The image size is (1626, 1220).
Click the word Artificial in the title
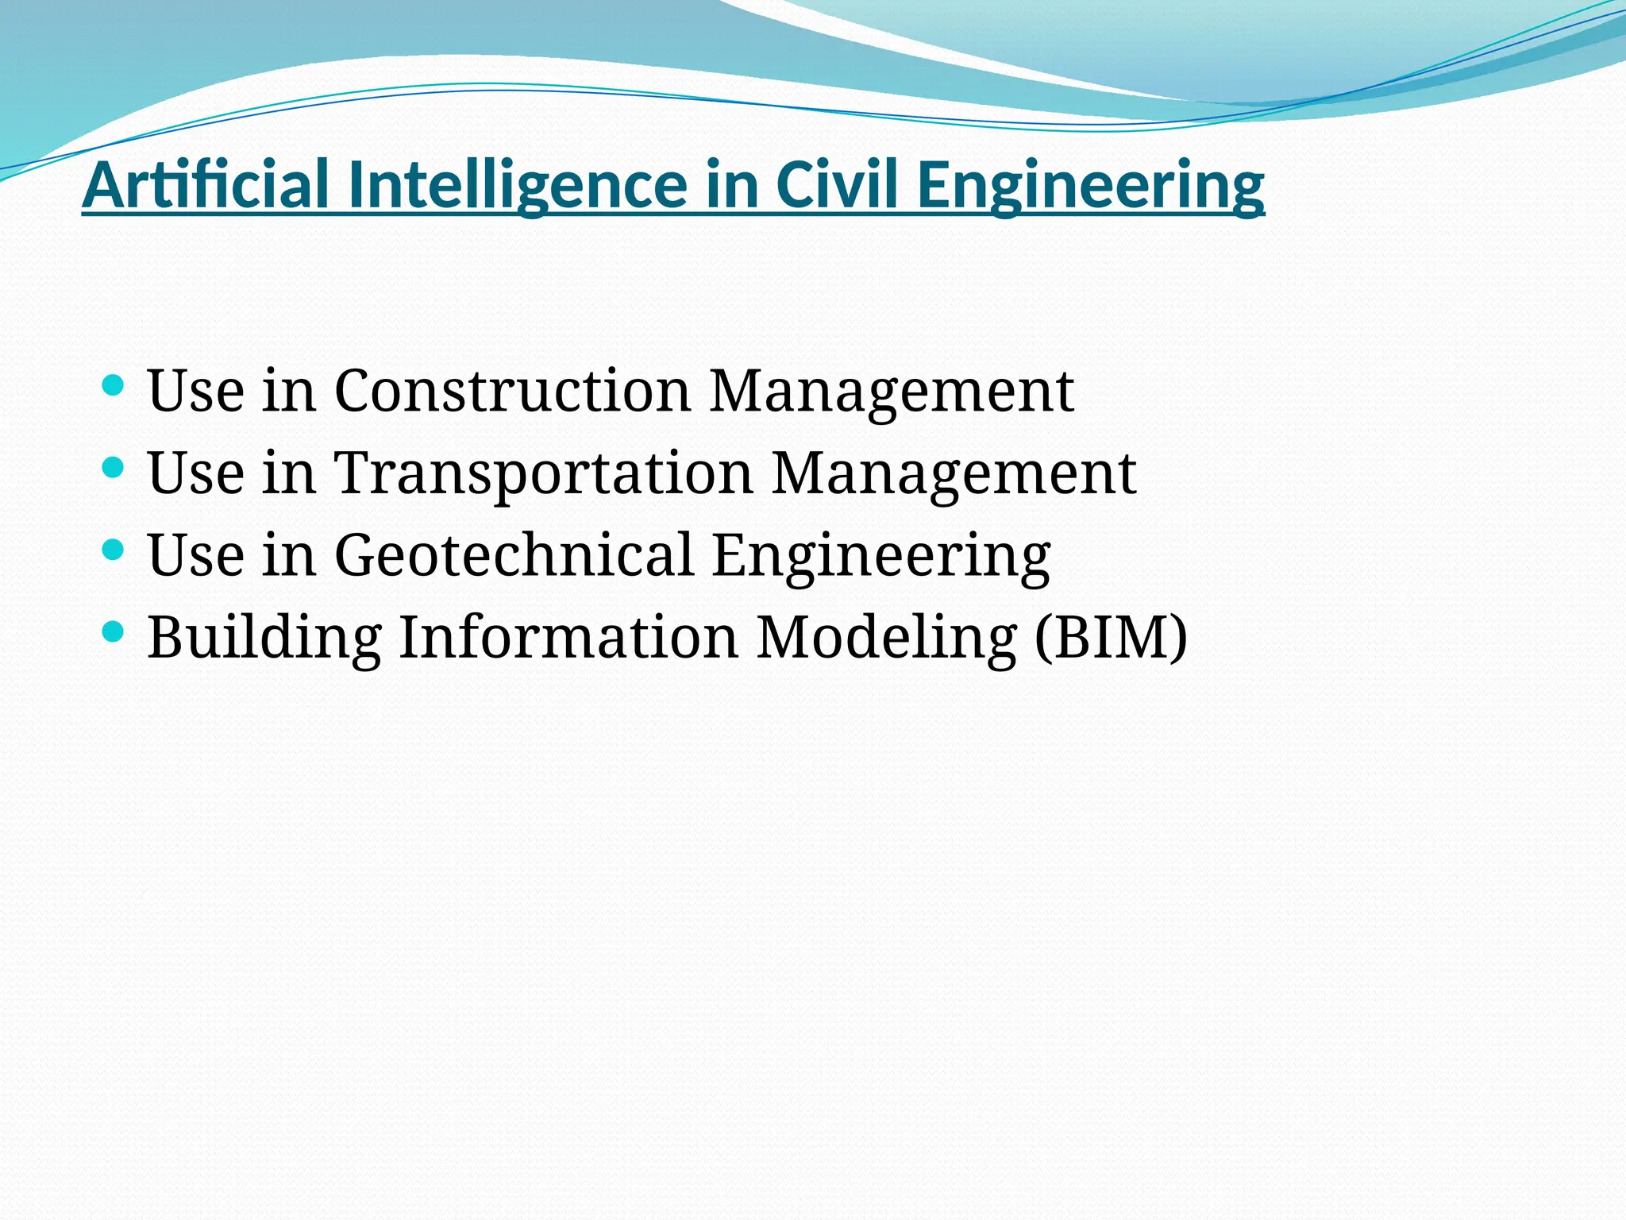[x=206, y=184]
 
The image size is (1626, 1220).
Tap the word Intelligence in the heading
[x=518, y=184]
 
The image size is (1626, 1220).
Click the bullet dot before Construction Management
[x=114, y=386]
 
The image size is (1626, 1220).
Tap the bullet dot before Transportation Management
[x=114, y=468]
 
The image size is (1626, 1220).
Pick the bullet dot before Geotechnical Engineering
[x=114, y=550]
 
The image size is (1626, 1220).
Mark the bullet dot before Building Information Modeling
[x=114, y=632]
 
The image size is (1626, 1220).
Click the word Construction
[x=512, y=391]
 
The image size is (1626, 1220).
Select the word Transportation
[x=543, y=473]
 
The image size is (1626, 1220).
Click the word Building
[x=264, y=637]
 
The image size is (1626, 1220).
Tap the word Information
[x=568, y=637]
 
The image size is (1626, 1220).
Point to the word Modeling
[x=886, y=637]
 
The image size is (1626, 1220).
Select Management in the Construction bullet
[x=891, y=392]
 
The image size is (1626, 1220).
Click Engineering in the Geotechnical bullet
[x=881, y=556]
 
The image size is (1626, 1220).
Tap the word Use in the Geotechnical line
[x=195, y=554]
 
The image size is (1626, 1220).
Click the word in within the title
[x=730, y=184]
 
